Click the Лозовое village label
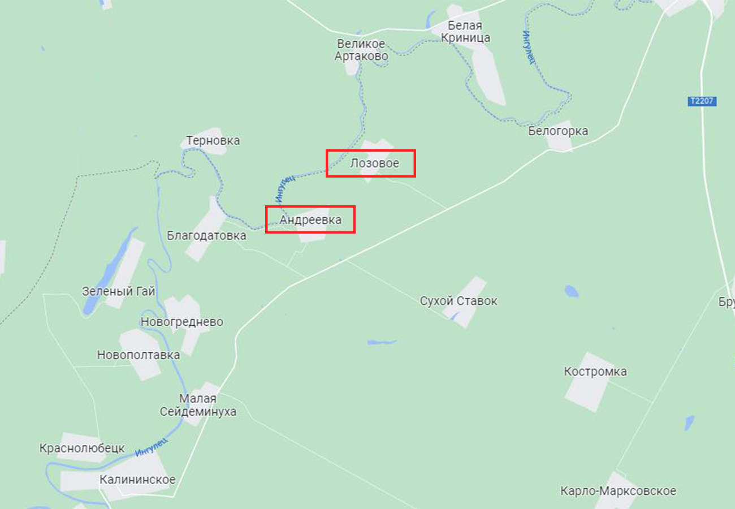[x=374, y=163]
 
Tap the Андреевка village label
[x=310, y=220]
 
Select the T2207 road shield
[x=702, y=101]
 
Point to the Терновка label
[x=213, y=140]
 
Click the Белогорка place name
[x=558, y=131]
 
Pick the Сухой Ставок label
[x=459, y=301]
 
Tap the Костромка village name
[x=595, y=372]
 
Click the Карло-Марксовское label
[x=618, y=491]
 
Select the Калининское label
[x=137, y=480]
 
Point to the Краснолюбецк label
[x=82, y=448]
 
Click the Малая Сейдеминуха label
[x=198, y=406]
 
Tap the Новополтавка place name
[x=139, y=355]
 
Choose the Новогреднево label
[x=181, y=322]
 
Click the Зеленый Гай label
[x=119, y=291]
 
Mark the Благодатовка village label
[x=206, y=235]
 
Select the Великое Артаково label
[x=361, y=50]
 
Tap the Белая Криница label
[x=469, y=32]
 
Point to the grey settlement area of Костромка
[x=588, y=390]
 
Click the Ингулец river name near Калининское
[x=152, y=447]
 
